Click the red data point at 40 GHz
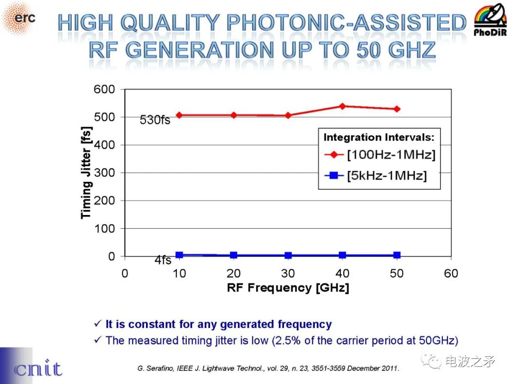point(342,106)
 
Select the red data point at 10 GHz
point(179,115)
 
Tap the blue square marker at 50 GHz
point(397,255)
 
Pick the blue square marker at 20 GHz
point(234,255)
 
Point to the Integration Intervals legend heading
point(379,138)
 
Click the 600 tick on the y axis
point(104,89)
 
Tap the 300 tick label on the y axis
point(104,173)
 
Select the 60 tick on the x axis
point(451,274)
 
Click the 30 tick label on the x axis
point(288,274)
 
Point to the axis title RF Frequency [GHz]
point(288,288)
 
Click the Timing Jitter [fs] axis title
point(86,172)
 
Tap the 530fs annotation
point(155,121)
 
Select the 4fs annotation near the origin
point(163,261)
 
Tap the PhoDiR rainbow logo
point(490,20)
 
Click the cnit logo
point(38,369)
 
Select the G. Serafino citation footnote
point(268,368)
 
